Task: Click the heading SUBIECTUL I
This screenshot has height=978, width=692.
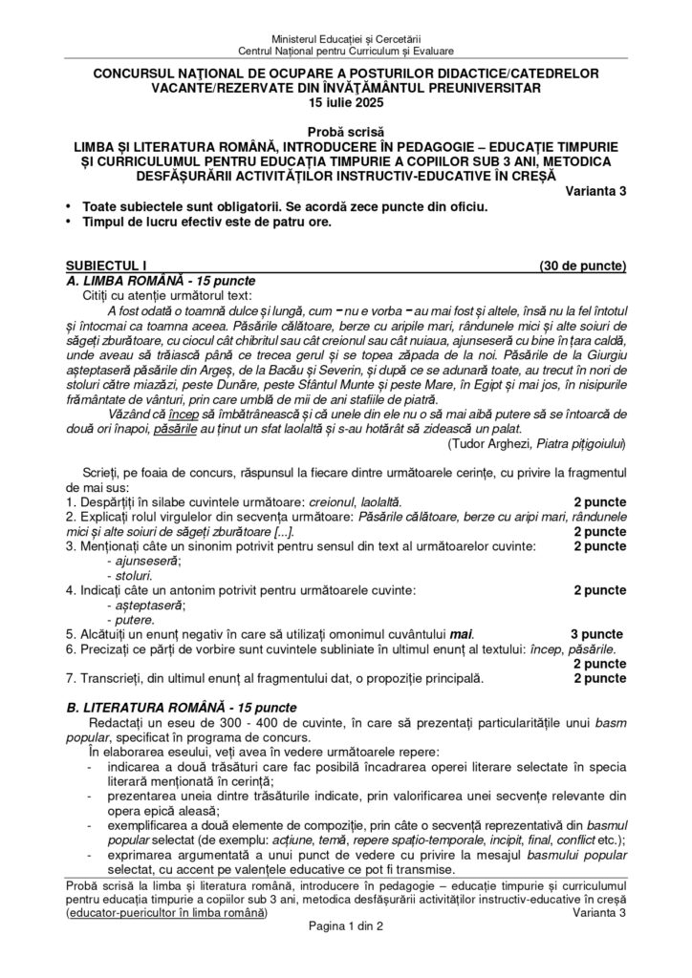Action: pos(107,265)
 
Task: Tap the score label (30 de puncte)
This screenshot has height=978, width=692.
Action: pos(583,265)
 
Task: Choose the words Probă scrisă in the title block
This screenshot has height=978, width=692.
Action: pos(345,132)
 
